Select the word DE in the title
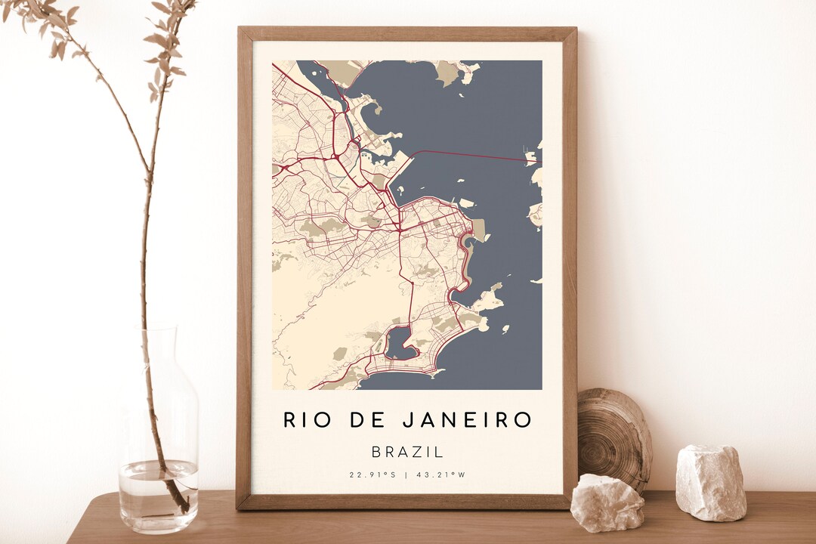(x=370, y=420)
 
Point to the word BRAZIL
(x=407, y=452)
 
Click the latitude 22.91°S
(x=372, y=475)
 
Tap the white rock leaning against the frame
(x=607, y=502)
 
